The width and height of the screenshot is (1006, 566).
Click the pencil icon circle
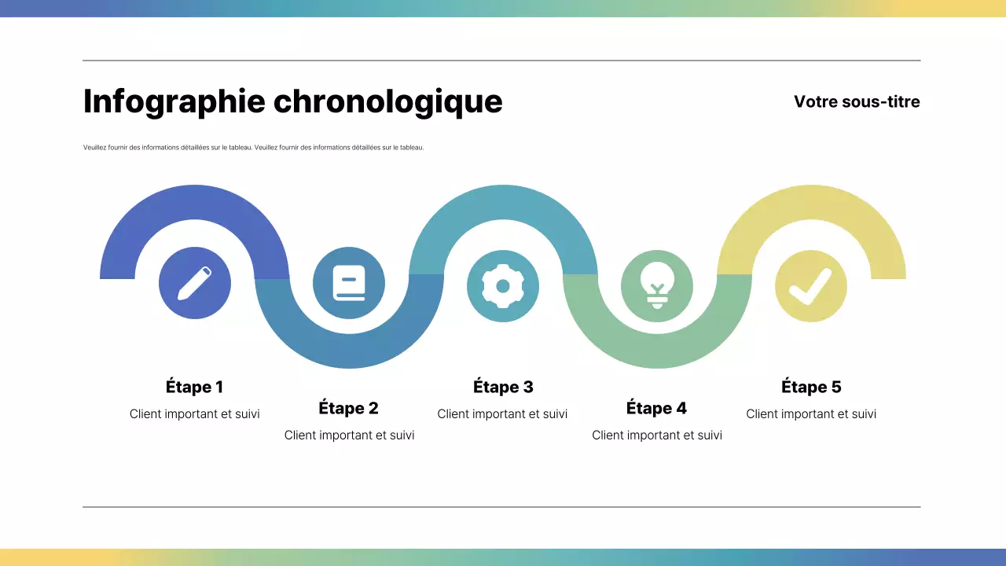point(195,283)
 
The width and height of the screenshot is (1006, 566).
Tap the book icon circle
point(349,283)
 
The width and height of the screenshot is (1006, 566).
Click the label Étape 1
point(194,387)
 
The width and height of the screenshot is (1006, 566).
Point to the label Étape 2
point(348,408)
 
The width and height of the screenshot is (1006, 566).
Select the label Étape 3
point(503,387)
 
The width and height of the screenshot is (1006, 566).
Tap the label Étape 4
point(656,408)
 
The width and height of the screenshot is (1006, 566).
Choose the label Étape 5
point(811,387)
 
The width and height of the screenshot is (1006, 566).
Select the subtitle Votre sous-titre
point(857,101)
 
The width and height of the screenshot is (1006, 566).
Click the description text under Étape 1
point(194,414)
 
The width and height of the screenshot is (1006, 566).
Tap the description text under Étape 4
point(656,436)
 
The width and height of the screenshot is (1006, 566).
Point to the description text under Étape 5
point(811,414)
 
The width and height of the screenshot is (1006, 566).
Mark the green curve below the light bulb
point(657,351)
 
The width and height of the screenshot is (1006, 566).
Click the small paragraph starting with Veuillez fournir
point(253,148)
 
